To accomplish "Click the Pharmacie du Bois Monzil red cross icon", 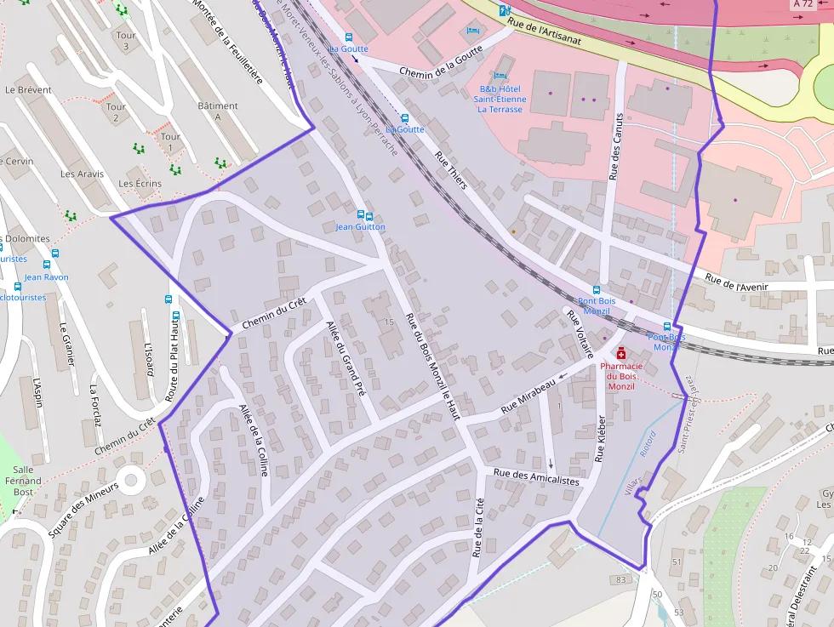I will pyautogui.click(x=621, y=352).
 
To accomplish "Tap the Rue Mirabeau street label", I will pyautogui.click(x=528, y=396).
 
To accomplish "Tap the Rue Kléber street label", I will pyautogui.click(x=600, y=438).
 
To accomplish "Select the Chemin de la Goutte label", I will pyautogui.click(x=441, y=60).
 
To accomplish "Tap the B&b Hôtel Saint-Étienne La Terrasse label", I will pyautogui.click(x=502, y=99).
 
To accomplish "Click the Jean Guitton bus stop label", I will pyautogui.click(x=360, y=227).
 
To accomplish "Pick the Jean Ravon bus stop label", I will pyautogui.click(x=47, y=277).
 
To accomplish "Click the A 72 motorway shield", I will pyautogui.click(x=802, y=4).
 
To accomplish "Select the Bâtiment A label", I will pyautogui.click(x=217, y=111).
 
